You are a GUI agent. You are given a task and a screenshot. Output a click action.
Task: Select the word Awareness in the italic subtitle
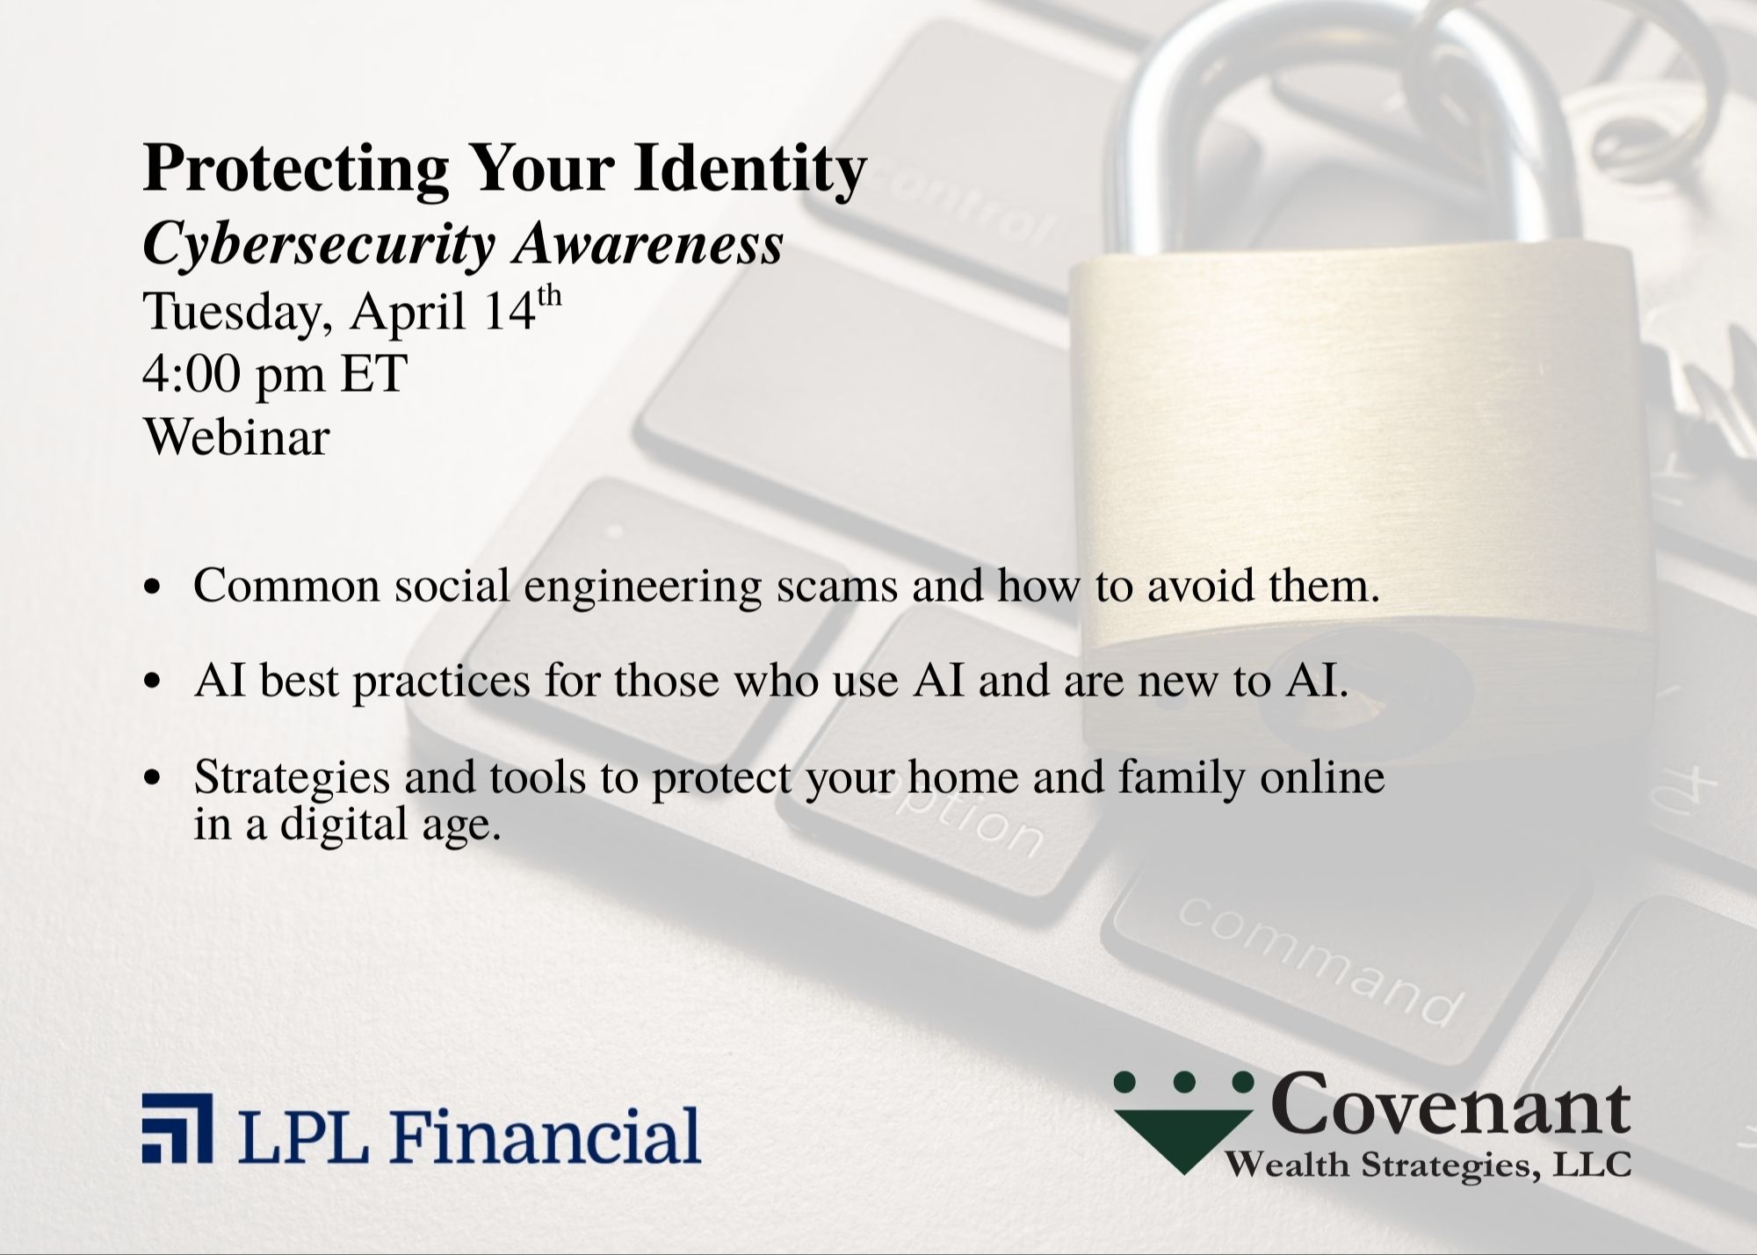pyautogui.click(x=648, y=244)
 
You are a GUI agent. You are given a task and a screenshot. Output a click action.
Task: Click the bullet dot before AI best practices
pyautogui.click(x=154, y=682)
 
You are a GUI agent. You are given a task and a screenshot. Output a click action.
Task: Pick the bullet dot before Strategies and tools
pyautogui.click(x=154, y=778)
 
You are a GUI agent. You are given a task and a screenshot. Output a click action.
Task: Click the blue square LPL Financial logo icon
pyautogui.click(x=177, y=1128)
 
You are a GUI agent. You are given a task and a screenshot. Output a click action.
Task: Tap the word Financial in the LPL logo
pyautogui.click(x=545, y=1135)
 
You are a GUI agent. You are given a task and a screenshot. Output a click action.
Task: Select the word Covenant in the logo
pyautogui.click(x=1450, y=1105)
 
